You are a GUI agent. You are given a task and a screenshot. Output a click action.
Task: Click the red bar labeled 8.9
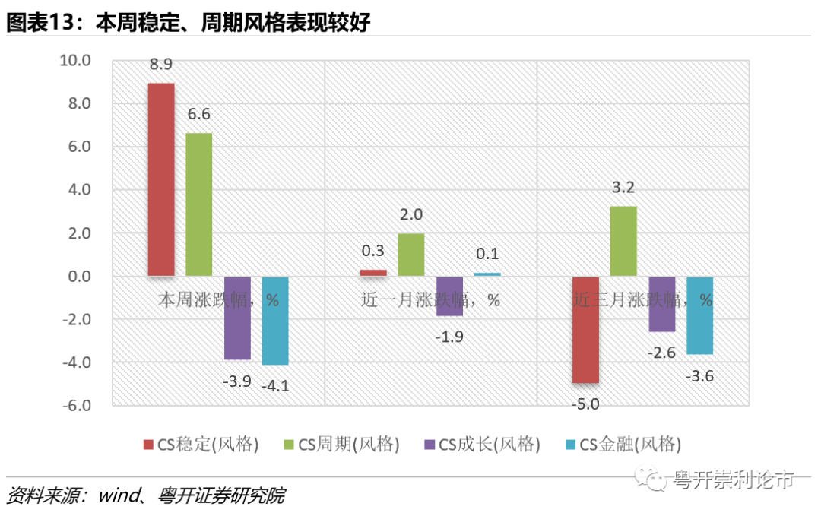[160, 179]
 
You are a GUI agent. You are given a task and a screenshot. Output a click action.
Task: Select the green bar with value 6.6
[199, 204]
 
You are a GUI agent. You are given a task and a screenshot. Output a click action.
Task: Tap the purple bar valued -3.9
[237, 318]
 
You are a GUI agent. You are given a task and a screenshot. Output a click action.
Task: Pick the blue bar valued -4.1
[275, 321]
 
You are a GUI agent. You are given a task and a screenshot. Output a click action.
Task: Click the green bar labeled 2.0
[411, 255]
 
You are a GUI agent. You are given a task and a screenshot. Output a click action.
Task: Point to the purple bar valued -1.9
[449, 296]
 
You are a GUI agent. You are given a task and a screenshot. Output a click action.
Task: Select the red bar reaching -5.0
[585, 330]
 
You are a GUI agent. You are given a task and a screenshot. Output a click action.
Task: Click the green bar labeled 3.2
[623, 242]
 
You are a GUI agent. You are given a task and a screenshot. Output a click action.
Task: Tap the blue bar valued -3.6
[699, 315]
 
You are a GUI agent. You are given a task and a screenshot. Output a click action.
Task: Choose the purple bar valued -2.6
[661, 304]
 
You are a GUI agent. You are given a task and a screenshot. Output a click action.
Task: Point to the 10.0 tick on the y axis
[75, 60]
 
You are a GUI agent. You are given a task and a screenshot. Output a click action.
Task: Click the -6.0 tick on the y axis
[75, 405]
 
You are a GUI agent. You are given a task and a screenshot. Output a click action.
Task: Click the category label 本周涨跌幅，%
[218, 299]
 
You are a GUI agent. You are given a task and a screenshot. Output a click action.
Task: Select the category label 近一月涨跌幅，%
[430, 299]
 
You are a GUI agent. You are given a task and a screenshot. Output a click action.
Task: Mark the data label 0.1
[487, 253]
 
